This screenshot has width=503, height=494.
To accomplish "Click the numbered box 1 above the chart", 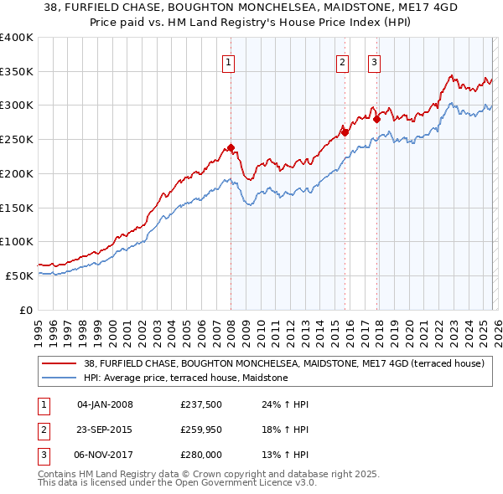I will [229, 60].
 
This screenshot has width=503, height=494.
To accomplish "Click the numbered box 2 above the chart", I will [343, 60].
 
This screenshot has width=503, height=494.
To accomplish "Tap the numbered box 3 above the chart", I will [374, 60].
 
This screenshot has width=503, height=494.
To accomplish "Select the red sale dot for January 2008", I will [231, 148].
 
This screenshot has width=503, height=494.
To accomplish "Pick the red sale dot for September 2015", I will [345, 132].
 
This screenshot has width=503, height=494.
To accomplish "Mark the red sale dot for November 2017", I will [376, 119].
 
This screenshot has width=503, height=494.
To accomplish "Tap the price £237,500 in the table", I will [200, 404].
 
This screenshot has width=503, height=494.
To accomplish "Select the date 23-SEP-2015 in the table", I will [105, 430].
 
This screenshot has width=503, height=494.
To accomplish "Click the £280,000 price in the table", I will [200, 455].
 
